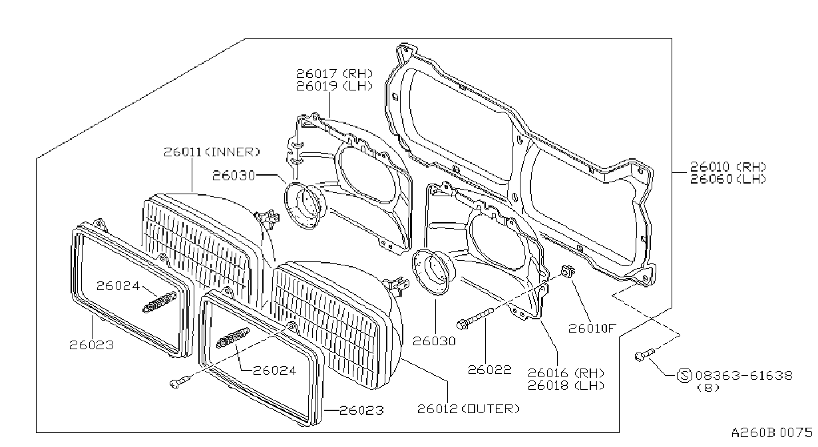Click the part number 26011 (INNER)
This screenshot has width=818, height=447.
click(212, 152)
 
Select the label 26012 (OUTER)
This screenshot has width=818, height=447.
click(468, 409)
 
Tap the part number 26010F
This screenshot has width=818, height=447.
click(592, 329)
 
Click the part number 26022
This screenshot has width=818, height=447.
click(490, 370)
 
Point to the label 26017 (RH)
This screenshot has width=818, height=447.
click(335, 74)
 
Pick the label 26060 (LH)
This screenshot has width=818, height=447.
click(727, 179)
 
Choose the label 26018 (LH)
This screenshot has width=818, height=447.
click(566, 385)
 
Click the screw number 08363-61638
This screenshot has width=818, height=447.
click(744, 375)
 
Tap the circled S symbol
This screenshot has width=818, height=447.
click(684, 375)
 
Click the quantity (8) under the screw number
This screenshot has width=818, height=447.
click(708, 388)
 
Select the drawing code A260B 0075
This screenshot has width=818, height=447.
click(771, 432)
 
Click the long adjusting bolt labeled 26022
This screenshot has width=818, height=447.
click(475, 318)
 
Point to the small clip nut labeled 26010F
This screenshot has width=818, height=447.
click(568, 271)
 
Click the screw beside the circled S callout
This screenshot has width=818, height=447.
click(644, 355)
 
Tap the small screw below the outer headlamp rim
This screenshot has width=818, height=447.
click(180, 381)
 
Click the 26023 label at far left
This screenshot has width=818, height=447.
click(92, 345)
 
